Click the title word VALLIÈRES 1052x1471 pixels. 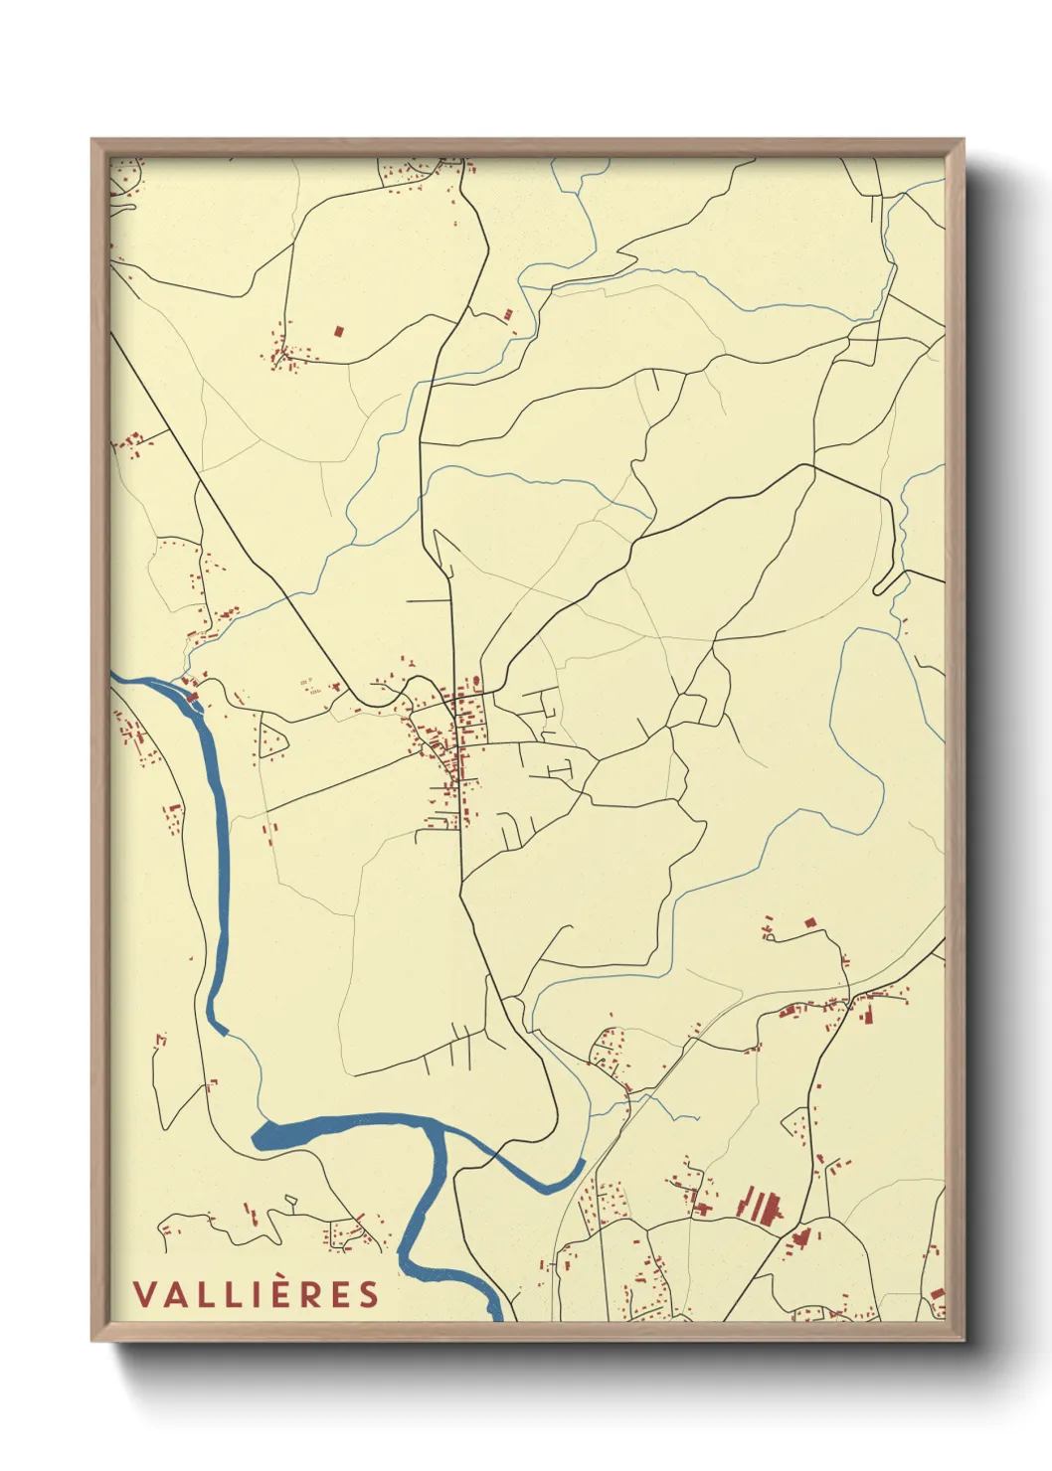coord(257,1294)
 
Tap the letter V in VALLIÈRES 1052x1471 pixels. coord(143,1294)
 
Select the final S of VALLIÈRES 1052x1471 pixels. coord(370,1294)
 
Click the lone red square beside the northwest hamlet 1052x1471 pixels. coord(338,330)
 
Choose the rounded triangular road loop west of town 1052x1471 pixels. coord(271,739)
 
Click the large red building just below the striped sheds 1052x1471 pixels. coord(801,1237)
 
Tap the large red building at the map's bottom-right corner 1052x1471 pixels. coord(937,1294)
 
